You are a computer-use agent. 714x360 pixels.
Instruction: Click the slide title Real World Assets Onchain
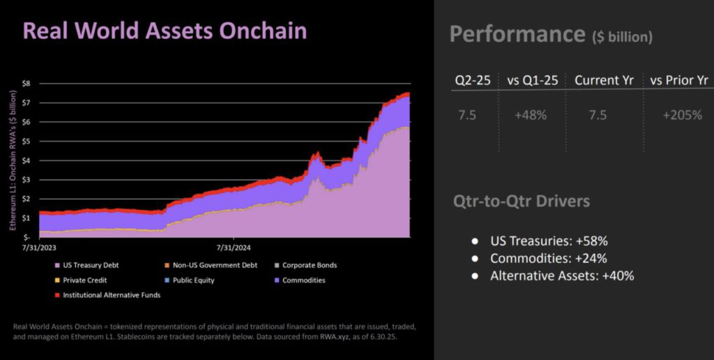click(x=165, y=31)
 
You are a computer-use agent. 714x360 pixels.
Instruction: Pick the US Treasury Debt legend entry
click(x=87, y=265)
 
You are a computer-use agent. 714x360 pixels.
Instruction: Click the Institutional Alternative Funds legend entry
click(x=107, y=295)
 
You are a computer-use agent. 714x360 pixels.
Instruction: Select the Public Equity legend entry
click(x=189, y=280)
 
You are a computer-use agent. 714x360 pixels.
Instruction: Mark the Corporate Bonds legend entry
click(x=305, y=265)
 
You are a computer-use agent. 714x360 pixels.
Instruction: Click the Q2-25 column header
click(x=473, y=81)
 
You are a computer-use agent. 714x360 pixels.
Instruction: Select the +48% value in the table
click(x=531, y=115)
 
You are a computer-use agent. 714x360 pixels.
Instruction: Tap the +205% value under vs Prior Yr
click(x=682, y=115)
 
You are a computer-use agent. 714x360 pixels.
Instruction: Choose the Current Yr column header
click(x=605, y=81)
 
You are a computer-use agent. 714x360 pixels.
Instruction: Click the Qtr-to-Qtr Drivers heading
click(x=522, y=201)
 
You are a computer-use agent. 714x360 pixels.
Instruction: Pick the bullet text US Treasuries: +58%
click(x=549, y=241)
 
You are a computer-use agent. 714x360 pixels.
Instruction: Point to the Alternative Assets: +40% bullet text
click(x=562, y=276)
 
